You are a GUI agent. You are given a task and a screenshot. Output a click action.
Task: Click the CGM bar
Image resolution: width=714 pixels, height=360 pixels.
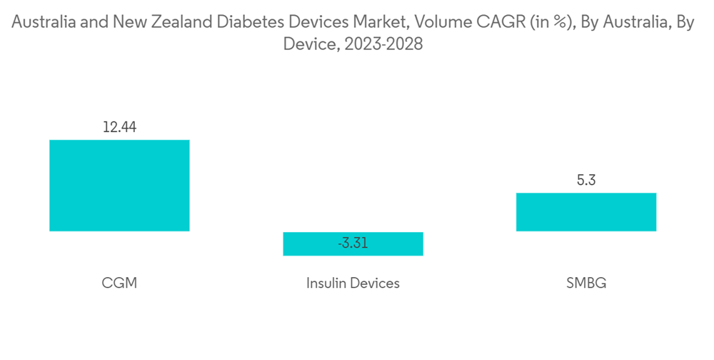[119, 185]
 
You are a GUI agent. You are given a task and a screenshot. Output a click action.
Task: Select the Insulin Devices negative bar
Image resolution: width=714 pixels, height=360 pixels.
[353, 244]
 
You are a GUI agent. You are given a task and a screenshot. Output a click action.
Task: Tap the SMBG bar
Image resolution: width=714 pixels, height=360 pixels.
[585, 211]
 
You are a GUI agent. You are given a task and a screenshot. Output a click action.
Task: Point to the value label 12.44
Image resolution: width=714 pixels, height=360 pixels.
[119, 128]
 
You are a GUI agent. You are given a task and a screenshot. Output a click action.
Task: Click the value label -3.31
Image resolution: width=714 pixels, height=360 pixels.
[353, 244]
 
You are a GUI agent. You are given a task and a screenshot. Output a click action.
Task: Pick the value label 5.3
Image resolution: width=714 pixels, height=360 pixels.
[585, 181]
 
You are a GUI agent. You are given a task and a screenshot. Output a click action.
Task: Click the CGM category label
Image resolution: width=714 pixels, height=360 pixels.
[119, 283]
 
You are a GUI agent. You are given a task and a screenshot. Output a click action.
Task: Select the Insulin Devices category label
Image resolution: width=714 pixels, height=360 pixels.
[353, 283]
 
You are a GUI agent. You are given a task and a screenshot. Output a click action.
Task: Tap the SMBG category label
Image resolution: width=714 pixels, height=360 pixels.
[585, 283]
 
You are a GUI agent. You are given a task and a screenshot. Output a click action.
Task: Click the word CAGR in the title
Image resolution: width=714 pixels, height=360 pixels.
[501, 23]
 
